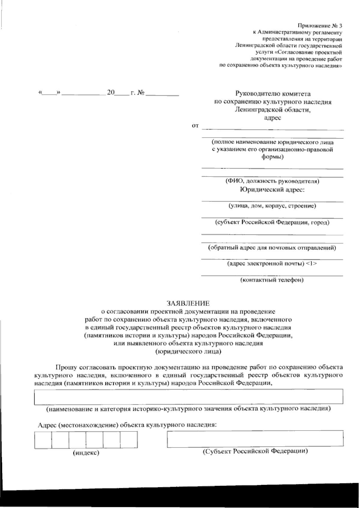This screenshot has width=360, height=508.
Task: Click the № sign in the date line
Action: tap(141, 93)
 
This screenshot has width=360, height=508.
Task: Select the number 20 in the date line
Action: tap(111, 93)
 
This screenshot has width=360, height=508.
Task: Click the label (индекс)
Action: tap(86, 453)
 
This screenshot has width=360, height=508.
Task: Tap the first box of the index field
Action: tap(43, 440)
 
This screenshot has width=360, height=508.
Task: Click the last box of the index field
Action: tap(129, 440)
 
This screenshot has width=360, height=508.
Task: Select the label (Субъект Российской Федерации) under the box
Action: tap(255, 451)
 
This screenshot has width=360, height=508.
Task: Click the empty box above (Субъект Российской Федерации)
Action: tap(255, 438)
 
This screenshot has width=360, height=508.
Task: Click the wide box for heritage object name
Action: tap(189, 396)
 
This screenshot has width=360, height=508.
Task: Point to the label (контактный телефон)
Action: tap(272, 280)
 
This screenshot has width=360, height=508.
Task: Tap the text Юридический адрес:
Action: tap(272, 189)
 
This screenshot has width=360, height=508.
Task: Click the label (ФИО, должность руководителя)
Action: tap(272, 181)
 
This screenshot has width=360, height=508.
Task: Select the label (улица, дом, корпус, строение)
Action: tap(272, 206)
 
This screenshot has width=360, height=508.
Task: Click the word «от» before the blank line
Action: tap(195, 126)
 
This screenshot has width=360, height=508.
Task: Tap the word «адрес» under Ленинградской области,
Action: tap(272, 118)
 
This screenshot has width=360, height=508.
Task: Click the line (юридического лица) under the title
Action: tap(188, 351)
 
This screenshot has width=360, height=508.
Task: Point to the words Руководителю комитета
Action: tap(273, 94)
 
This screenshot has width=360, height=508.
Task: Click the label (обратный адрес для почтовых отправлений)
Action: tap(272, 248)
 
